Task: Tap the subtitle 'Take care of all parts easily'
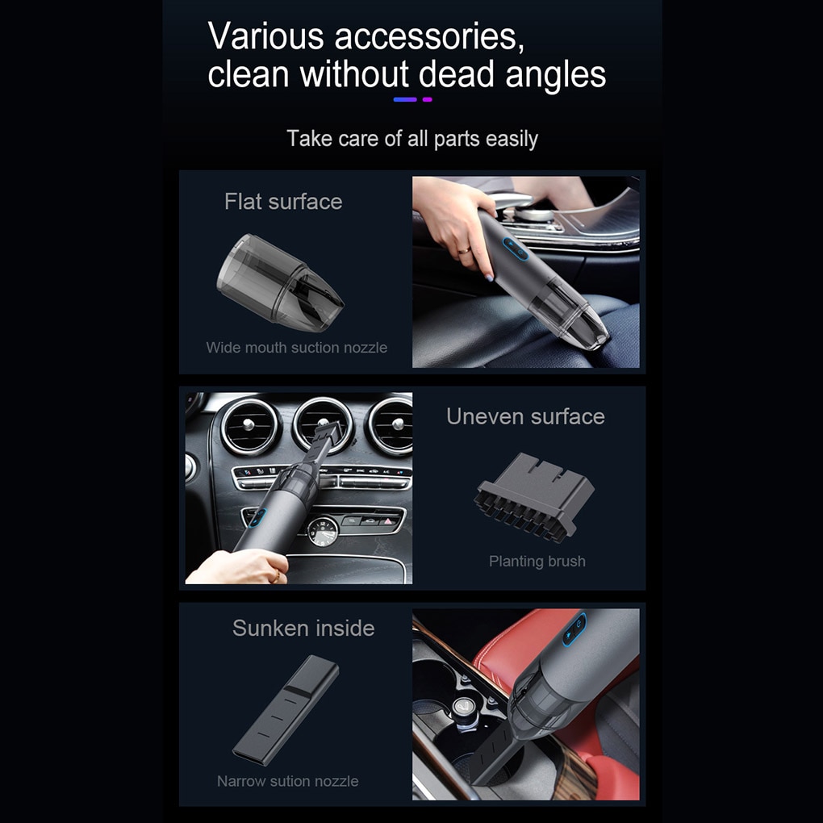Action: pyautogui.click(x=411, y=138)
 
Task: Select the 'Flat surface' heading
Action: pyautogui.click(x=283, y=201)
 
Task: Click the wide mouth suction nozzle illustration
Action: pyautogui.click(x=279, y=282)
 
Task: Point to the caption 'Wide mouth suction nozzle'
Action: pyautogui.click(x=296, y=348)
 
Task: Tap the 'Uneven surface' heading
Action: pyautogui.click(x=525, y=416)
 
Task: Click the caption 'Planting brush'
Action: pyautogui.click(x=537, y=561)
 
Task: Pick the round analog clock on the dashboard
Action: pyautogui.click(x=323, y=533)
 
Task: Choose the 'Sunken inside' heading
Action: pyautogui.click(x=303, y=628)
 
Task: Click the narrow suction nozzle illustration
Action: pyautogui.click(x=286, y=711)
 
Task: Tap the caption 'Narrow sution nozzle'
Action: pyautogui.click(x=287, y=781)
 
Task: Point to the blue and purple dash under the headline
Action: pyautogui.click(x=412, y=99)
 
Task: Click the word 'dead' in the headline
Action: pyautogui.click(x=456, y=75)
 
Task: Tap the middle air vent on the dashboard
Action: pyautogui.click(x=321, y=423)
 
